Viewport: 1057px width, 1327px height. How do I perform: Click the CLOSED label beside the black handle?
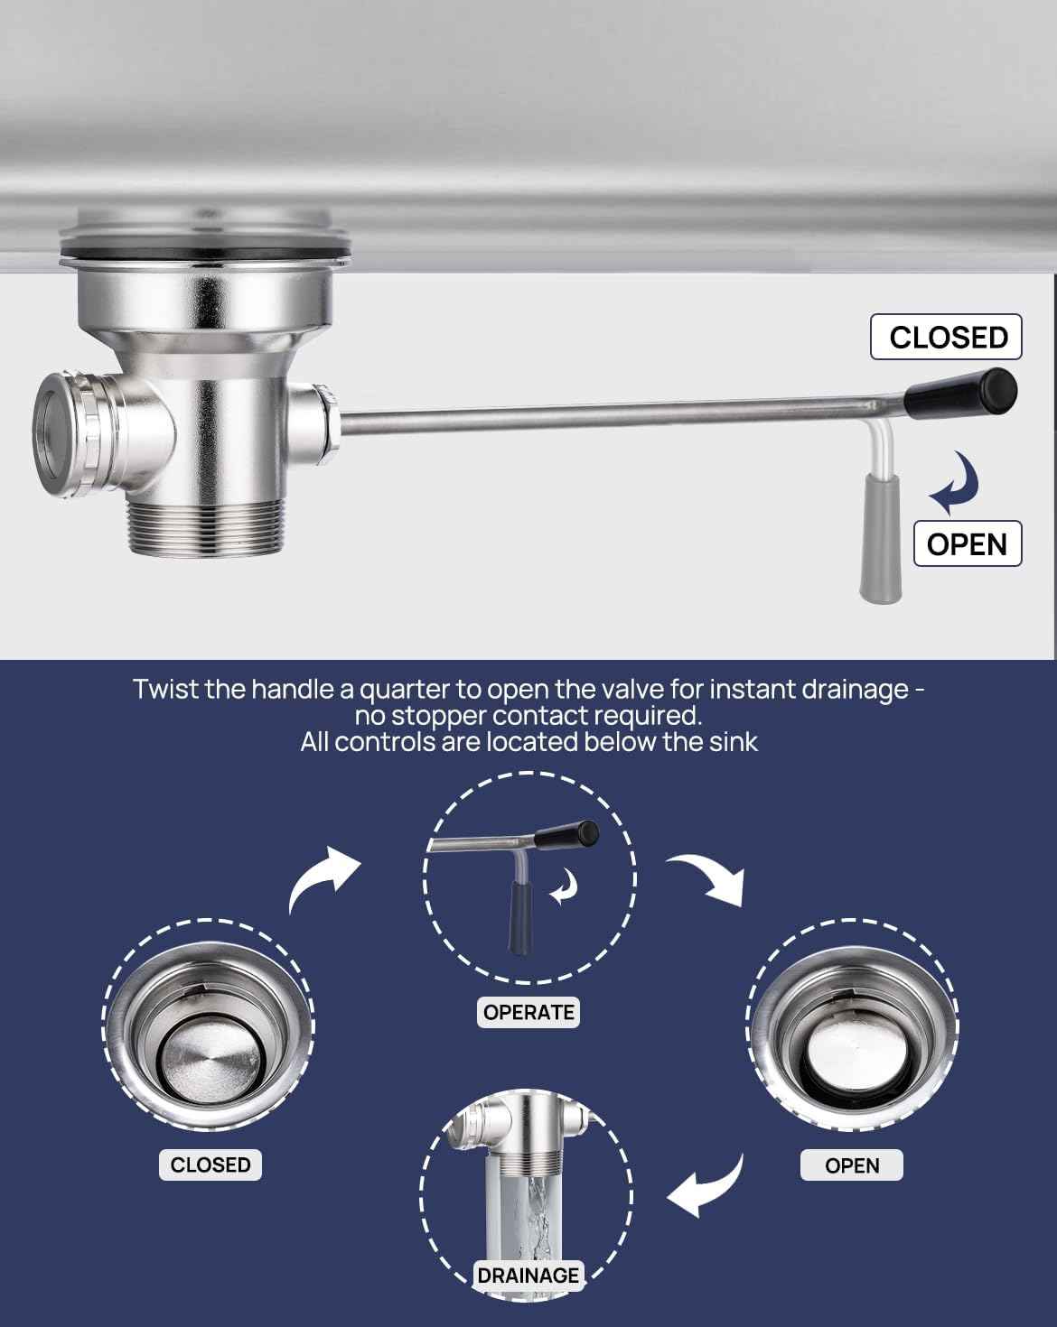tap(946, 337)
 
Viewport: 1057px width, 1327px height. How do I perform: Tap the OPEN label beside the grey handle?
tap(968, 543)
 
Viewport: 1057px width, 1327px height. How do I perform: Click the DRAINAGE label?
tap(528, 1276)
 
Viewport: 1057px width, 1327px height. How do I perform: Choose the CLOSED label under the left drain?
tap(210, 1165)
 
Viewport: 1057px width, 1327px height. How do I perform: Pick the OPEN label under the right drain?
tap(852, 1165)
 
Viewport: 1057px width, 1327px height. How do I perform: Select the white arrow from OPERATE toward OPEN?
tap(707, 878)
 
